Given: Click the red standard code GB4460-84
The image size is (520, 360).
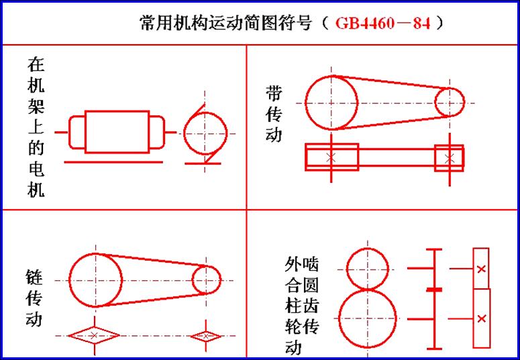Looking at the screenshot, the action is coord(383,23).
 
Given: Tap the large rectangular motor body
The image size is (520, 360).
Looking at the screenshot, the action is coord(117,132).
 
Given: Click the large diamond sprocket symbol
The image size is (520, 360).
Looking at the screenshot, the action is coord(94,335).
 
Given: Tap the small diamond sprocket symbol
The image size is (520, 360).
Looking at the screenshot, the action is coord(205,336).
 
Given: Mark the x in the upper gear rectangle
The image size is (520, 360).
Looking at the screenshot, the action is coord(481,269).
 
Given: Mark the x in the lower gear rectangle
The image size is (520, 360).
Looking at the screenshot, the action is coord(482,318).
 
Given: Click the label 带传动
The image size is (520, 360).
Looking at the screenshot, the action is coord(274,113).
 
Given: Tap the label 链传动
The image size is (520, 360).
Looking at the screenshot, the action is coord(34,298).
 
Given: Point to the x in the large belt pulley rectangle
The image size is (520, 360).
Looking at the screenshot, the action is coord(331,158).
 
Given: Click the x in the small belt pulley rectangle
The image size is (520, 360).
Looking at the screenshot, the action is coord(450,158).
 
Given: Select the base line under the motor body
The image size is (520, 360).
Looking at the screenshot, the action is coord(113,162).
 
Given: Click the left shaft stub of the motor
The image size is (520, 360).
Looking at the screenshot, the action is coord(62,132).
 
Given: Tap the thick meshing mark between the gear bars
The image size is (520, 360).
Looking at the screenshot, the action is coord(433,290).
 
